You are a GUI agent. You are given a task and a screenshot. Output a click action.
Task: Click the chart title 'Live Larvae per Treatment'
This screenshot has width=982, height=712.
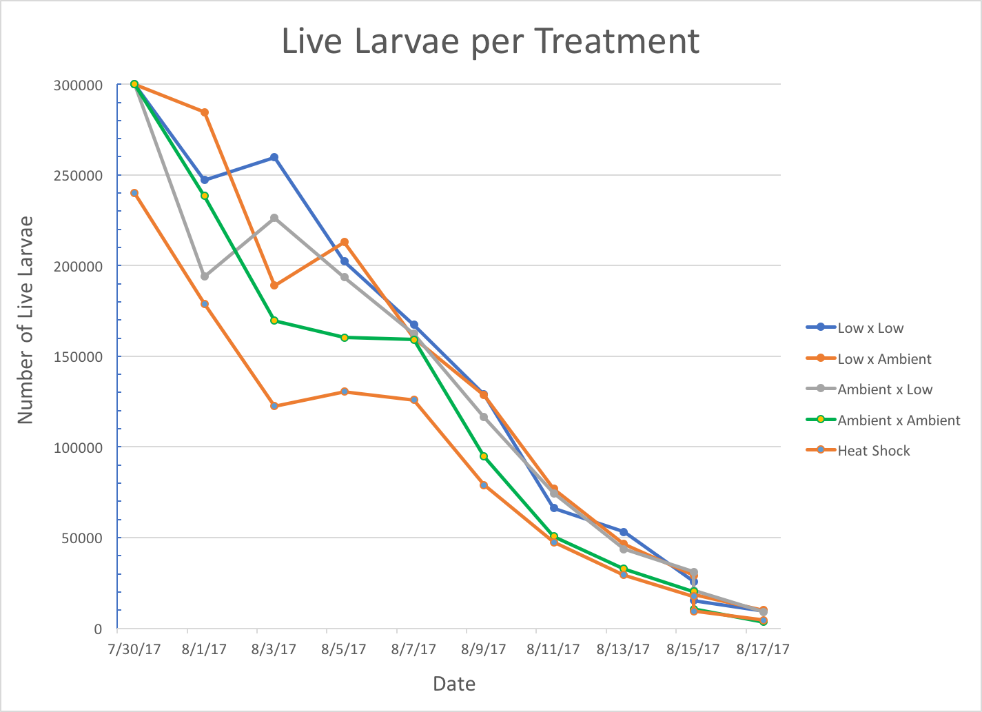click(x=490, y=42)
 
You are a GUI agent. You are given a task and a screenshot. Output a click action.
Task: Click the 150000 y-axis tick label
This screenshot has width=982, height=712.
click(x=79, y=356)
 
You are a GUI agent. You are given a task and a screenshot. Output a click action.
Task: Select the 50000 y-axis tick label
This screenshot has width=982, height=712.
click(x=82, y=538)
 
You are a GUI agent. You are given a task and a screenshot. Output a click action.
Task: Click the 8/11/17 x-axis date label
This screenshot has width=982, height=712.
click(x=553, y=649)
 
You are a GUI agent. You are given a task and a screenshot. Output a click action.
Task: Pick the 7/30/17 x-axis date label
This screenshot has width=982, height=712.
click(x=134, y=649)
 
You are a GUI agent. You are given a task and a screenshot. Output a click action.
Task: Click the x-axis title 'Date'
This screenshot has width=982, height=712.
click(x=454, y=684)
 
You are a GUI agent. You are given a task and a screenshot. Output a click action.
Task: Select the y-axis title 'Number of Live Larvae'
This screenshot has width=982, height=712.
click(x=25, y=320)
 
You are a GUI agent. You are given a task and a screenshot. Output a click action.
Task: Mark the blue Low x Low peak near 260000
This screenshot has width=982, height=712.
click(x=274, y=157)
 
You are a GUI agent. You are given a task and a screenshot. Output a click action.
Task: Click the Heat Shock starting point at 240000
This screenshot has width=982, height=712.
click(x=134, y=193)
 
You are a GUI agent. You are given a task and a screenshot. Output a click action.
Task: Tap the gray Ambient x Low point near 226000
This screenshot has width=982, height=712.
click(x=274, y=218)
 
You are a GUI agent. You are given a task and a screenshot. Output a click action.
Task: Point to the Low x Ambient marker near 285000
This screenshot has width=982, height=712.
click(x=205, y=112)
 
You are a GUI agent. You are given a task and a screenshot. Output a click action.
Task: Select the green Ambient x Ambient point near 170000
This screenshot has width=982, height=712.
click(x=274, y=321)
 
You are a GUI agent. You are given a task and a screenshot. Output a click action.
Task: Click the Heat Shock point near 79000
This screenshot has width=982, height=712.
click(x=484, y=485)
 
